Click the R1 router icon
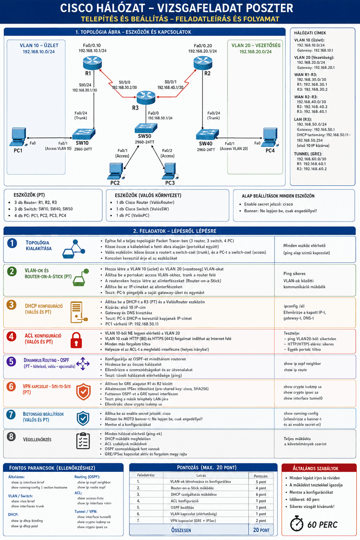tap(92, 63)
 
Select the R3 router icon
tap(146, 97)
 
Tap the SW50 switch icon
tap(146, 128)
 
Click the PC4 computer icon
tap(270, 137)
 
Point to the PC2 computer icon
tap(116, 171)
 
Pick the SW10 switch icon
tap(84, 134)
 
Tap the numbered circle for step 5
tap(11, 361)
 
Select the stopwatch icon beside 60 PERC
tap(297, 523)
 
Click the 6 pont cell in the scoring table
tap(261, 494)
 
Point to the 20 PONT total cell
tap(261, 530)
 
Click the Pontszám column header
tap(261, 476)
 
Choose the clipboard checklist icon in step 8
tap(83, 441)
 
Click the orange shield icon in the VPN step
tap(83, 392)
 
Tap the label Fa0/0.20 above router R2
tap(203, 46)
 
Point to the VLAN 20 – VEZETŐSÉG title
tap(256, 45)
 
